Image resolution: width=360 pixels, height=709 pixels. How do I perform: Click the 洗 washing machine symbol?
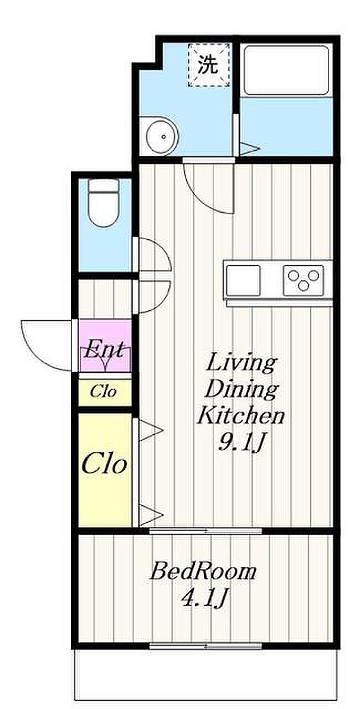pos(209,65)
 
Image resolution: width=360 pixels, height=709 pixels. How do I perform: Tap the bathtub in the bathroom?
pos(286,70)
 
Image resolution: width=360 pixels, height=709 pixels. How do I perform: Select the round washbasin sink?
pos(162,136)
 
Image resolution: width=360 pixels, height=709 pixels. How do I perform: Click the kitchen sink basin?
pos(243,280)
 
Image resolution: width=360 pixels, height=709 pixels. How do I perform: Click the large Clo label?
pos(104,465)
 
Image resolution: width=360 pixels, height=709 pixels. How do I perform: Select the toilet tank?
pos(104,186)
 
